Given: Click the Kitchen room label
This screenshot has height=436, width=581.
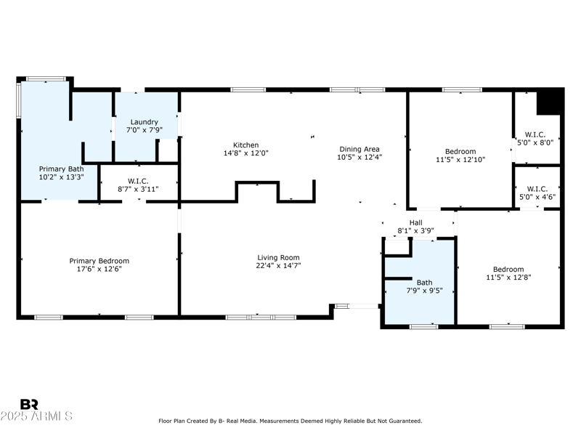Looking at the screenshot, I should click(x=245, y=145).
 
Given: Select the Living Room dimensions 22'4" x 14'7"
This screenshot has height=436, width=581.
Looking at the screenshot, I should click(x=278, y=266).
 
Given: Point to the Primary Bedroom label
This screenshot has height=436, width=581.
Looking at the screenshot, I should click(x=99, y=261).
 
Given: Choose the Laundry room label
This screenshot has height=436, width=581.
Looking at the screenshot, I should click(x=144, y=121).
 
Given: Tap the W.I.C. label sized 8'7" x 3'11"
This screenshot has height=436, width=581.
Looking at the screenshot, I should click(x=138, y=181).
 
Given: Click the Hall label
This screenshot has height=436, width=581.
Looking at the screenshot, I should click(x=415, y=222).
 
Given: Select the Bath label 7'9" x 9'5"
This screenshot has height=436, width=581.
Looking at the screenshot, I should click(x=424, y=282).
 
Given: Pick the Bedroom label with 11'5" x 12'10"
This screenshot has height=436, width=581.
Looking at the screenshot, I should click(x=460, y=151).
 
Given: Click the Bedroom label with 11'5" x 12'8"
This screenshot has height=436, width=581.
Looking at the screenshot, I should click(x=508, y=269).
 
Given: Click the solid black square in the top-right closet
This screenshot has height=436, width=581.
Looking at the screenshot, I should click(x=550, y=101).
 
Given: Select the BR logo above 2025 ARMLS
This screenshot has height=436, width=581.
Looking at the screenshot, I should click(x=30, y=404).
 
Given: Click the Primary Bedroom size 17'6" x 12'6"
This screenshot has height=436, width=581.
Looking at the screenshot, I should click(x=99, y=269).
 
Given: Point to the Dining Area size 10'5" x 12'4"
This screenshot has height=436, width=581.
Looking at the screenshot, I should click(x=359, y=157).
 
